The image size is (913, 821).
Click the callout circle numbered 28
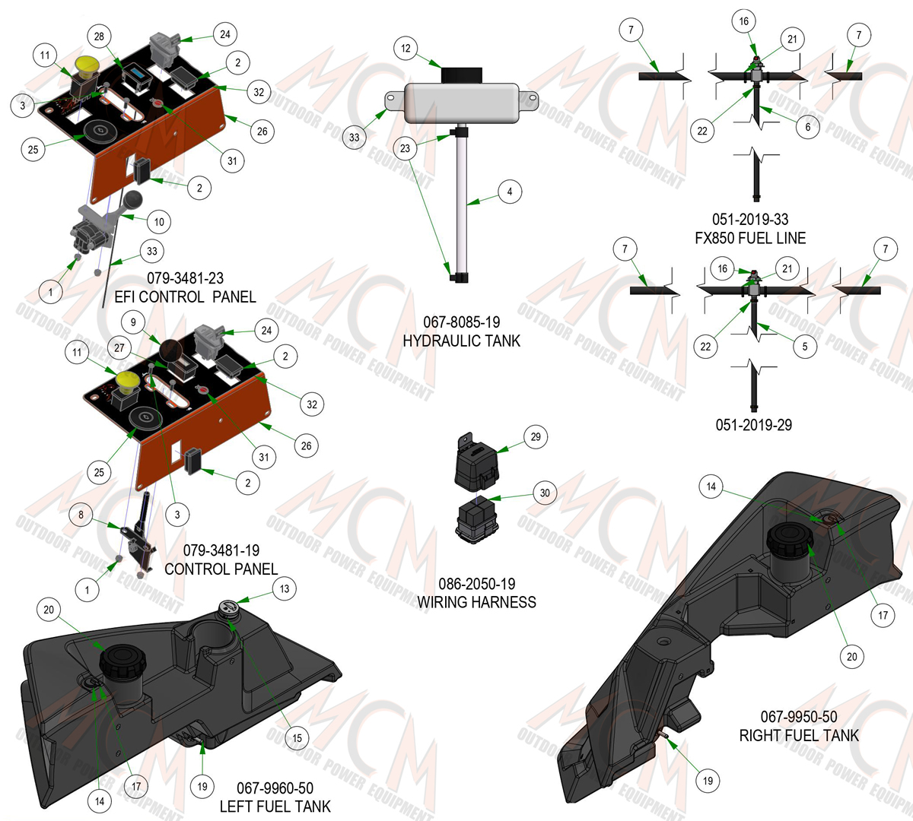pos(99,36)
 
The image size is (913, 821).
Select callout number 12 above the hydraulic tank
pos(406,48)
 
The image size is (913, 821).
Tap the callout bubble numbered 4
pos(510,192)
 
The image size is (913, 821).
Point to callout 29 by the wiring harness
pos(536,436)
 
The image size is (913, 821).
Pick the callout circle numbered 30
pos(545,493)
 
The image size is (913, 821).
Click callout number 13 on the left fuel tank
pos(285,588)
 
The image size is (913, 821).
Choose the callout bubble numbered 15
pos(297,738)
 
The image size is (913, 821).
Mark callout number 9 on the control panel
pos(133,322)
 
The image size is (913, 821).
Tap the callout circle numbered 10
pos(159,222)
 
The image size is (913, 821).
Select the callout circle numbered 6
pos(808,126)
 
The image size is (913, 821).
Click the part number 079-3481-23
pos(185,278)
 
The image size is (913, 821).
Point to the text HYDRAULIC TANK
pos(462,341)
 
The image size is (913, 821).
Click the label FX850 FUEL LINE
pos(750,238)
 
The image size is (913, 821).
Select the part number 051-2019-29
pos(754,425)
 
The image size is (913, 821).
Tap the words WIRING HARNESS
pos(476,602)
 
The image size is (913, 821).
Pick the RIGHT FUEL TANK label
pos(799,736)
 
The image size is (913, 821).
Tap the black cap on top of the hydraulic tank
pos(462,75)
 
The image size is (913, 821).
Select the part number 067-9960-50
pos(275,788)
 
